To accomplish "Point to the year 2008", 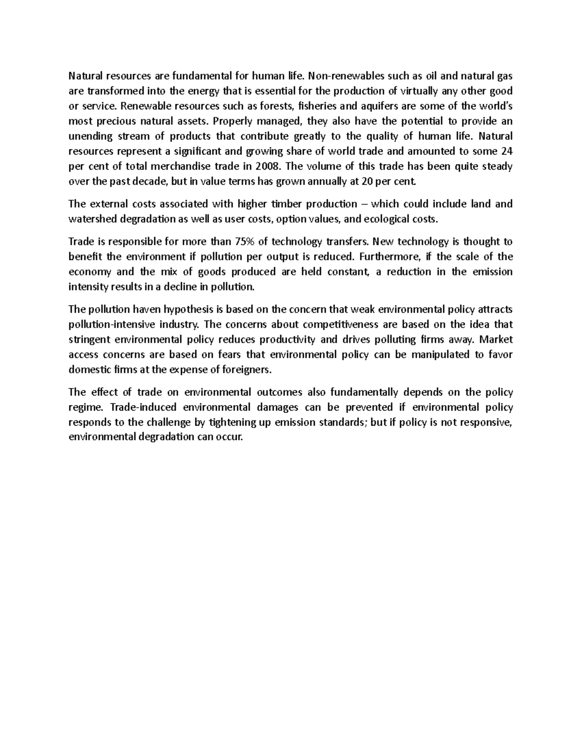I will pos(269,166).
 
